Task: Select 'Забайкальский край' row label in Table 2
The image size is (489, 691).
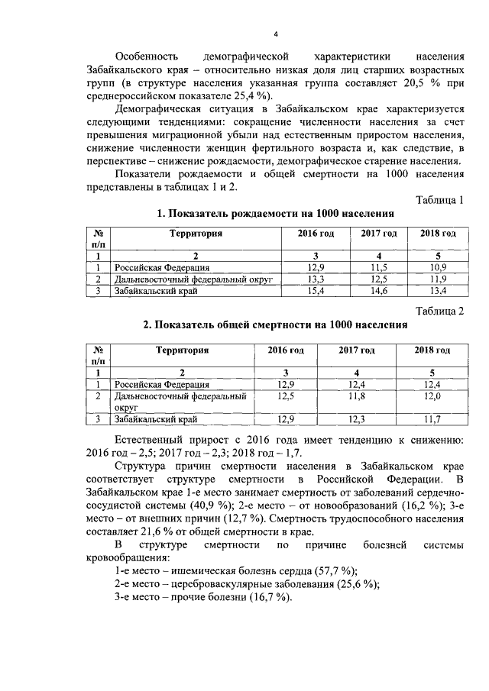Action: coord(157,419)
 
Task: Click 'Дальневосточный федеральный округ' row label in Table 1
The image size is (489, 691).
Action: coord(193,280)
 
